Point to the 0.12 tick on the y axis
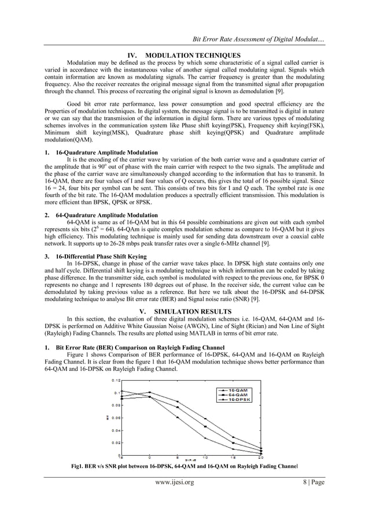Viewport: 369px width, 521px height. coord(117,380)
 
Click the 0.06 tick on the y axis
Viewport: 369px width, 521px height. coord(117,418)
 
